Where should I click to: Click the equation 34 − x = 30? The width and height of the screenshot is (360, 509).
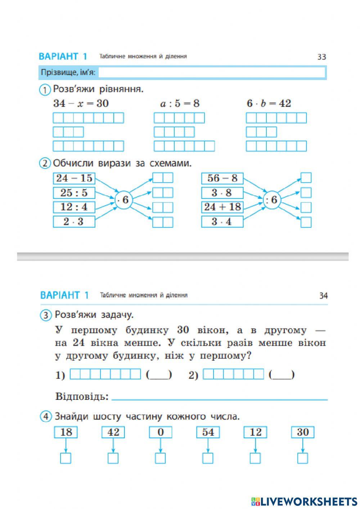click(x=81, y=104)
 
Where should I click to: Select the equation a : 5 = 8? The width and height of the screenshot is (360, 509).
click(x=180, y=104)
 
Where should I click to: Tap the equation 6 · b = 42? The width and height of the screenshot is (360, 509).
click(x=269, y=104)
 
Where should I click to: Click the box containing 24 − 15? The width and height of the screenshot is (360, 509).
click(x=74, y=178)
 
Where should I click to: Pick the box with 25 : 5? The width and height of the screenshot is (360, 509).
click(x=74, y=193)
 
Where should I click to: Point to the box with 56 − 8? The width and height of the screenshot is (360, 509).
click(x=222, y=178)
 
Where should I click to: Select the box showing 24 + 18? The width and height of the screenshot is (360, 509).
click(x=222, y=207)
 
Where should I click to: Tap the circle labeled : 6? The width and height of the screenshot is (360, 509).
click(x=271, y=200)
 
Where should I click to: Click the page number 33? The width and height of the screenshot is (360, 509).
click(x=321, y=57)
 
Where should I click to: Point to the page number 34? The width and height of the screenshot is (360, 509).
click(x=323, y=296)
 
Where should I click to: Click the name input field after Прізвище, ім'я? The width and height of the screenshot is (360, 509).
click(x=212, y=73)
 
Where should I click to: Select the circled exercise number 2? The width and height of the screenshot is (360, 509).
click(x=45, y=164)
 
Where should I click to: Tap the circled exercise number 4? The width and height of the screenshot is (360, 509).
click(x=45, y=417)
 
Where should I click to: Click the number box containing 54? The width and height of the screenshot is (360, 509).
click(x=208, y=432)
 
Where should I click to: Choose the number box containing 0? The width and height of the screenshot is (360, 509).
click(x=161, y=432)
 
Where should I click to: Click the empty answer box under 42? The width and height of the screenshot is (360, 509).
click(x=113, y=458)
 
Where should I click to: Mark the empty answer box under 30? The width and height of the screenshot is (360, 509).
click(x=303, y=458)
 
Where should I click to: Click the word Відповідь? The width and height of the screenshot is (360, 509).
click(x=82, y=397)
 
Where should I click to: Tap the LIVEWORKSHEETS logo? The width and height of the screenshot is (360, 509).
click(x=304, y=501)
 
